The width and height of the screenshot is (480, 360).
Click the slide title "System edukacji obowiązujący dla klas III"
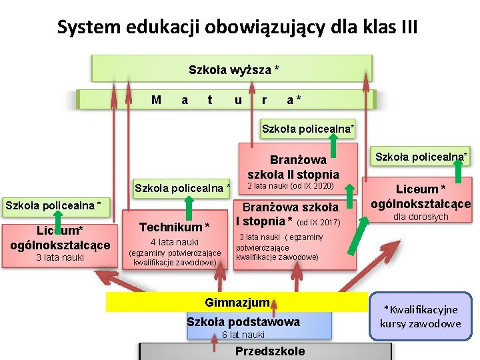click(x=237, y=27)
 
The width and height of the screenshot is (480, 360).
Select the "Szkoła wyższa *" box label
click(x=233, y=69)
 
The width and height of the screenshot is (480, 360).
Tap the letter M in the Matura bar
click(x=156, y=100)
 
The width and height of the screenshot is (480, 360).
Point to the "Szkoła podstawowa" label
click(x=243, y=322)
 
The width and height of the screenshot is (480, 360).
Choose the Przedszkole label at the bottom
click(x=269, y=351)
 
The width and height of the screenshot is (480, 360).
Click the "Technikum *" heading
click(x=174, y=227)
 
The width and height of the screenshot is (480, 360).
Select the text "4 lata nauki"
click(x=175, y=242)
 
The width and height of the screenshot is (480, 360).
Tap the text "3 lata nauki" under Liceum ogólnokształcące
click(x=59, y=257)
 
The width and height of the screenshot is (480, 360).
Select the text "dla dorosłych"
click(x=420, y=217)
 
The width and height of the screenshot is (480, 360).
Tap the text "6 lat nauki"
click(x=243, y=335)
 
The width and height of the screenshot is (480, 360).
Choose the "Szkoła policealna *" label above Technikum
click(x=182, y=188)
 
